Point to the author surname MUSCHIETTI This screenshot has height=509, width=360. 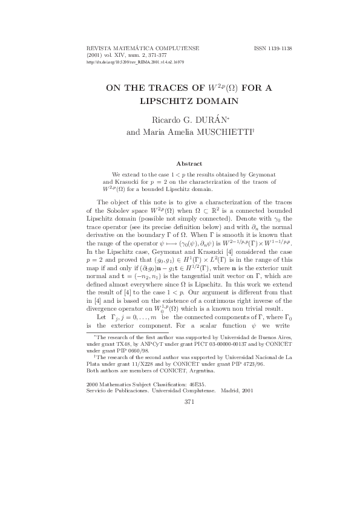click(x=221, y=131)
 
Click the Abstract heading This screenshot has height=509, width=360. click(x=188, y=163)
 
